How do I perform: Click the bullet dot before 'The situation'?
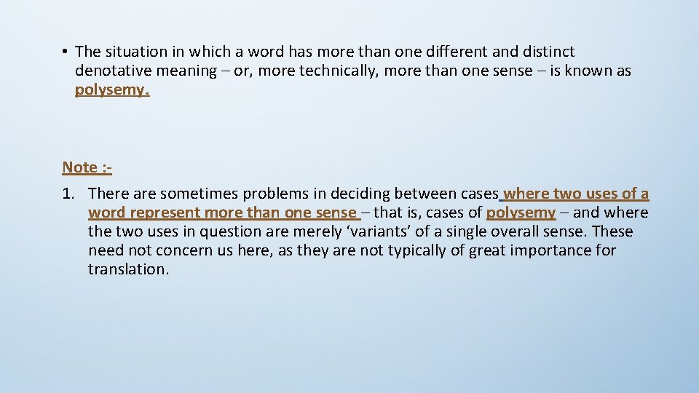pyautogui.click(x=65, y=52)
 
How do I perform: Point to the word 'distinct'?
pyautogui.click(x=546, y=52)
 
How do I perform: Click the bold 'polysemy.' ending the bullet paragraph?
pyautogui.click(x=112, y=90)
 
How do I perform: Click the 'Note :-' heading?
pyautogui.click(x=87, y=167)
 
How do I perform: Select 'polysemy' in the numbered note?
pyautogui.click(x=521, y=213)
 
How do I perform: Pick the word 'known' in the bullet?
pyautogui.click(x=585, y=71)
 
